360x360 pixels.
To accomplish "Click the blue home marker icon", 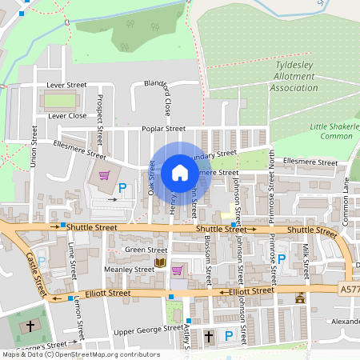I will (180, 173).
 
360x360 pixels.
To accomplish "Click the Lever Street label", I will (66, 85).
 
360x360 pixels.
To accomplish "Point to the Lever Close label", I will (67, 116).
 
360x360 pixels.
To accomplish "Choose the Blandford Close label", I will (158, 97).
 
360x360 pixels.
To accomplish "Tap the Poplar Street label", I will (163, 129).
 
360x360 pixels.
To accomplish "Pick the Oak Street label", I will (150, 178).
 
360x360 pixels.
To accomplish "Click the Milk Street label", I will (306, 257).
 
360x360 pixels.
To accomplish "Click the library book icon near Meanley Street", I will (160, 262).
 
